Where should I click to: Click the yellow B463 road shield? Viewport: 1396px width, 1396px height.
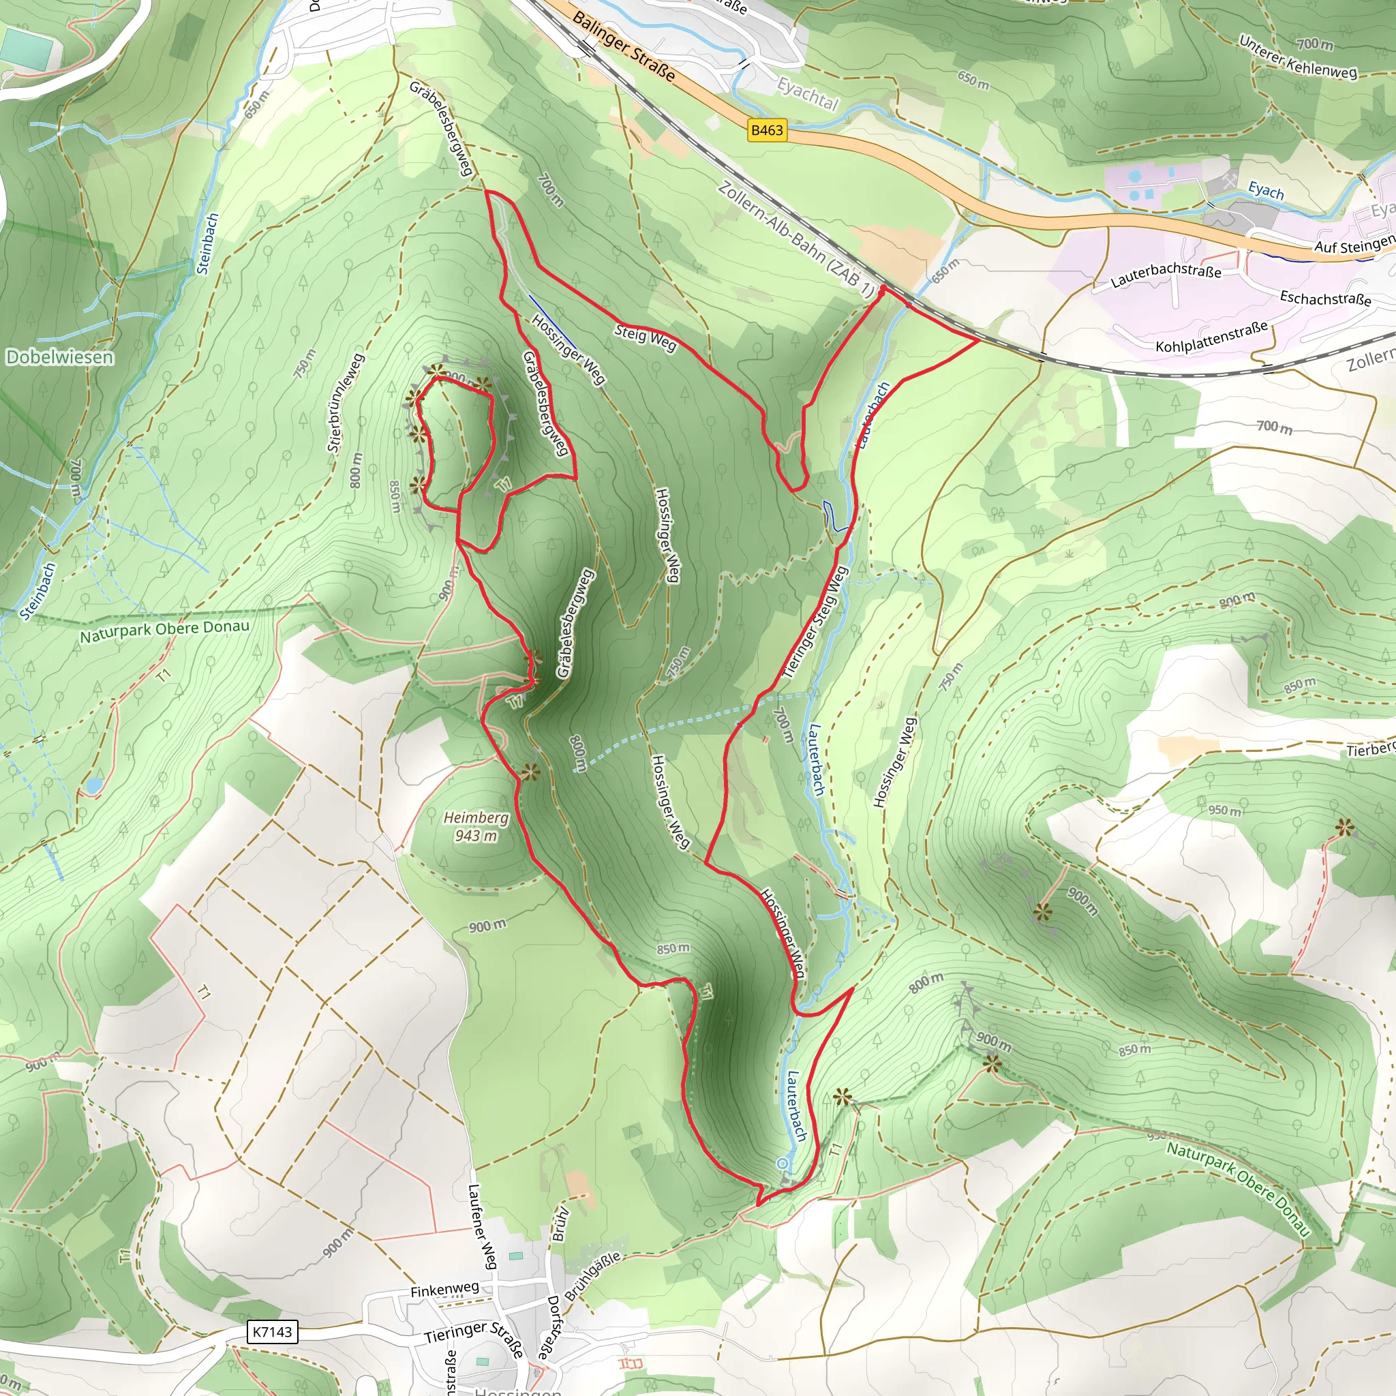pyautogui.click(x=767, y=130)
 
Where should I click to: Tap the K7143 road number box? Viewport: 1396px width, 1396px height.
pyautogui.click(x=272, y=1331)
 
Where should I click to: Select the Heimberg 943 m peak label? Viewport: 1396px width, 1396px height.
pyautogui.click(x=476, y=827)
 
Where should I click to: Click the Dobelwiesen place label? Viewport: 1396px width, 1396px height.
pyautogui.click(x=59, y=357)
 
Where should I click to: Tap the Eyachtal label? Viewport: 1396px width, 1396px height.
pyautogui.click(x=807, y=95)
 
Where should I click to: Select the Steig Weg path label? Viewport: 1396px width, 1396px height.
pyautogui.click(x=646, y=337)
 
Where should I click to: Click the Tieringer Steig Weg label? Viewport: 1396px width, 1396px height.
pyautogui.click(x=815, y=623)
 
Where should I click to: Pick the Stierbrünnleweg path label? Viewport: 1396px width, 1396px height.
pyautogui.click(x=346, y=402)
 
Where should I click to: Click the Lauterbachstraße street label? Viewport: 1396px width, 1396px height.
pyautogui.click(x=1166, y=274)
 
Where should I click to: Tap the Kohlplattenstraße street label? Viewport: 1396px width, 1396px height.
pyautogui.click(x=1212, y=337)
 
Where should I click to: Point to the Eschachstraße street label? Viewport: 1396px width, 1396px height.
pyautogui.click(x=1325, y=298)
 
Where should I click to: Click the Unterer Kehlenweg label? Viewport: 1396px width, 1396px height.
pyautogui.click(x=1298, y=57)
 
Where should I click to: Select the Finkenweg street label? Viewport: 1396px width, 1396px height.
pyautogui.click(x=444, y=1289)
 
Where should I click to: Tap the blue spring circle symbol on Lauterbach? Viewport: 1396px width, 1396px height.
pyautogui.click(x=782, y=1164)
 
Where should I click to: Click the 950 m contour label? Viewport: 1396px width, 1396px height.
pyautogui.click(x=1225, y=810)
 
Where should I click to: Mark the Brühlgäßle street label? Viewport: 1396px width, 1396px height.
pyautogui.click(x=592, y=1276)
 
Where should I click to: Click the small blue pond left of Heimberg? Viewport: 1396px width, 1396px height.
pyautogui.click(x=93, y=784)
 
